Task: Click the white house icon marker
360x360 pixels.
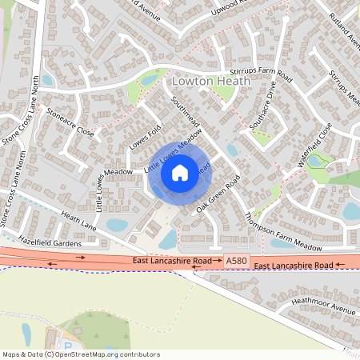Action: [179, 172]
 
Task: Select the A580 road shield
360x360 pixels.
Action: [237, 261]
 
